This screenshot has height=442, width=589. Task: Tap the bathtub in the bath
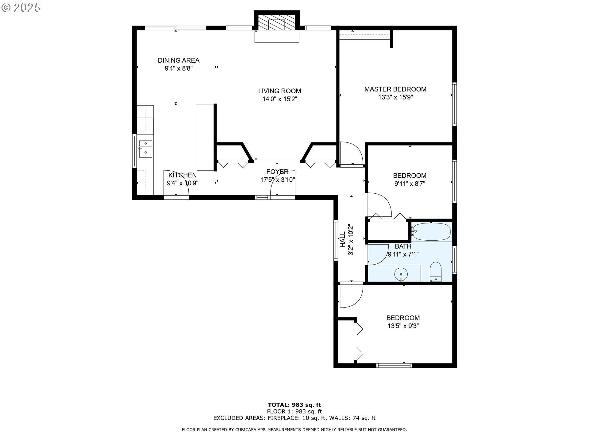(432, 231)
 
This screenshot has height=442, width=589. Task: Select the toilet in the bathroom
(436, 272)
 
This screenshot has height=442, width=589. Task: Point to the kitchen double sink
(145, 149)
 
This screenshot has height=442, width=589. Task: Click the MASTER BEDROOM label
(395, 89)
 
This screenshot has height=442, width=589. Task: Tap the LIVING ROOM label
(279, 91)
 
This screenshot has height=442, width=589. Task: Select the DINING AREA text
(179, 60)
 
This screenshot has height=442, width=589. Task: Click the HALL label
(342, 239)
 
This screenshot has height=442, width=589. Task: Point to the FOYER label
(277, 172)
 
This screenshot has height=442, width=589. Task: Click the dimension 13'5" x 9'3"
(403, 326)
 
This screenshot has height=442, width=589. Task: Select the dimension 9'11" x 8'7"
(410, 184)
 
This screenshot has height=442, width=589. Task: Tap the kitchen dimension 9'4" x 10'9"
(183, 183)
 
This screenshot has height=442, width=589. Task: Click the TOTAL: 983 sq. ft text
(294, 405)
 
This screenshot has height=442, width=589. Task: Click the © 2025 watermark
(21, 8)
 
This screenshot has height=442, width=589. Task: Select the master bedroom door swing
(352, 153)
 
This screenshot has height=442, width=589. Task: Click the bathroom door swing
(375, 254)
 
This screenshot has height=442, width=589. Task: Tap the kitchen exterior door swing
(176, 182)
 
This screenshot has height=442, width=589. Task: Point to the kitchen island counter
(205, 138)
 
